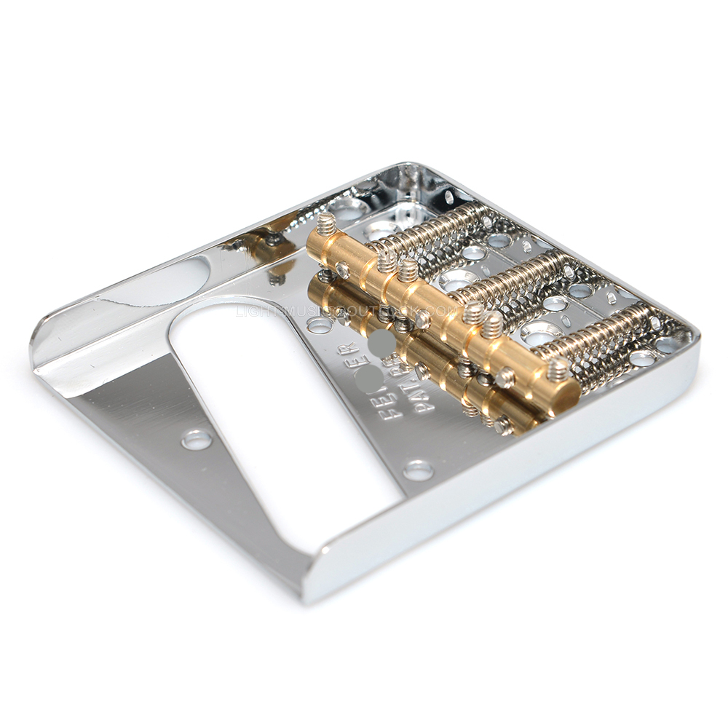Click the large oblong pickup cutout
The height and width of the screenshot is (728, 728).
284,422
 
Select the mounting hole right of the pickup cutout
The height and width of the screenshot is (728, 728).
418,470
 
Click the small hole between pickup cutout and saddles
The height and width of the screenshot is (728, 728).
319,325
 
